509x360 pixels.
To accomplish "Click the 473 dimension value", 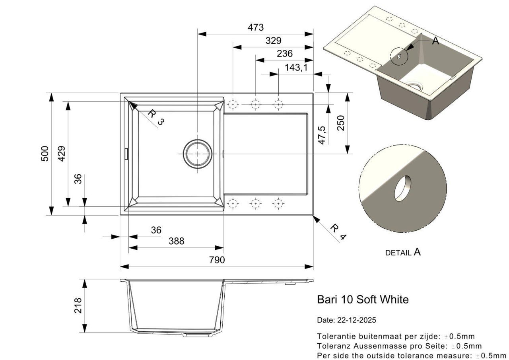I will click(x=256, y=27).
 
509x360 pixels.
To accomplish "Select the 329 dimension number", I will click(x=273, y=41).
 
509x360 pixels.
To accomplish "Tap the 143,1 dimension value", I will click(x=296, y=68).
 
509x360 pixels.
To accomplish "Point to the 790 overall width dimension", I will click(x=217, y=260).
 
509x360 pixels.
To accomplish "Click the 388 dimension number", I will click(x=176, y=241).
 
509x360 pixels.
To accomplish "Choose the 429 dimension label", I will click(x=62, y=154).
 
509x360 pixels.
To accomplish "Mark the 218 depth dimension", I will click(x=78, y=306).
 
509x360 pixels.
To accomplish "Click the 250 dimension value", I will click(x=340, y=123).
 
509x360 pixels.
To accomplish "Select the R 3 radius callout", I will click(x=155, y=117).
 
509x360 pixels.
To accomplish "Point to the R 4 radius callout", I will click(x=338, y=232).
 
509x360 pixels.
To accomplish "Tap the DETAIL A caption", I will click(x=402, y=252).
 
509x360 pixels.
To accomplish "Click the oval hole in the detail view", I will click(x=403, y=188).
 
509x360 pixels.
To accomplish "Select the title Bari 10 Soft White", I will click(x=362, y=300).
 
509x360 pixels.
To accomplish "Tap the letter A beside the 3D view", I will click(x=435, y=41).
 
